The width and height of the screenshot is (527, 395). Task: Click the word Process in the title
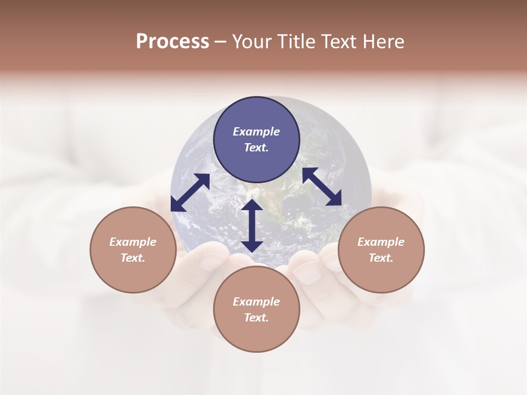172,42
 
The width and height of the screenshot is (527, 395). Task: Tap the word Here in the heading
383,42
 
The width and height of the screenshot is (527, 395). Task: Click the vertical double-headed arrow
252,225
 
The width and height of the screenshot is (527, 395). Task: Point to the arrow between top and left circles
190,193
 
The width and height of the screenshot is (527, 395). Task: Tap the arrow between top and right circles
322,187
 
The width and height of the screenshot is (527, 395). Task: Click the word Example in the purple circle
256,132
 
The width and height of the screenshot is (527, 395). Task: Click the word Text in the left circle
133,258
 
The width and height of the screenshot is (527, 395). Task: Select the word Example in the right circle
381,242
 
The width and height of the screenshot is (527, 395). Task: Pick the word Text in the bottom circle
256,318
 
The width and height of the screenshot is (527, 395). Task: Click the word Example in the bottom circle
256,302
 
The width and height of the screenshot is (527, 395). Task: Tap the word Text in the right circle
381,258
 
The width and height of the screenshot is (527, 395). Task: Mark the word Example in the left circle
133,242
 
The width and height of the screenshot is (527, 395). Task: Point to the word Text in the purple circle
256,148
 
